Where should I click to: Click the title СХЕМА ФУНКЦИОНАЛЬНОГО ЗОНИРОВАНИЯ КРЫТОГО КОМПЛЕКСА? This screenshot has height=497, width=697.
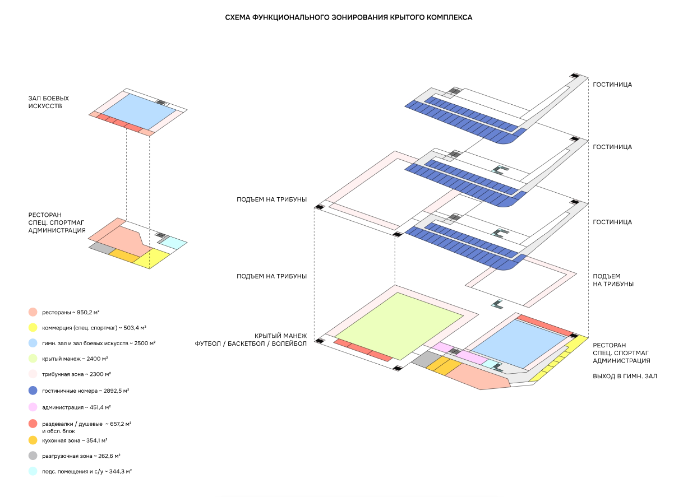tap(348, 17)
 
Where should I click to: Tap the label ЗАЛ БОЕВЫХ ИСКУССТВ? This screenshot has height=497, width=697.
tap(44, 102)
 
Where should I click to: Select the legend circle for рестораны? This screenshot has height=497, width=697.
tap(33, 312)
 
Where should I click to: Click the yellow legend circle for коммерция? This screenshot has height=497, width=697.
tap(33, 327)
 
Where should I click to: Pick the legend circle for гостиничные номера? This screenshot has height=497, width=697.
tap(33, 391)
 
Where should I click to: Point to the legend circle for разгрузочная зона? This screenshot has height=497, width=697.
tap(33, 456)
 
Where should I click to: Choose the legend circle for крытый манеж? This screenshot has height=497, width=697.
tap(33, 359)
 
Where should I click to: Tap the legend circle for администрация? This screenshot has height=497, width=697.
tap(33, 407)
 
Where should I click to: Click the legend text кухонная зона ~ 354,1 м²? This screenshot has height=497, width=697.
tap(75, 440)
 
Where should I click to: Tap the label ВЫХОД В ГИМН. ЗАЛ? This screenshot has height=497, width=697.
tap(625, 377)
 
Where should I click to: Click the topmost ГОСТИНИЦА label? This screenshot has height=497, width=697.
tap(612, 85)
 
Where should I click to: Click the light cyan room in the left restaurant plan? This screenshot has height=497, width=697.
tap(173, 243)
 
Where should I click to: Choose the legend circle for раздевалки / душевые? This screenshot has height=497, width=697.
tap(33, 424)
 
